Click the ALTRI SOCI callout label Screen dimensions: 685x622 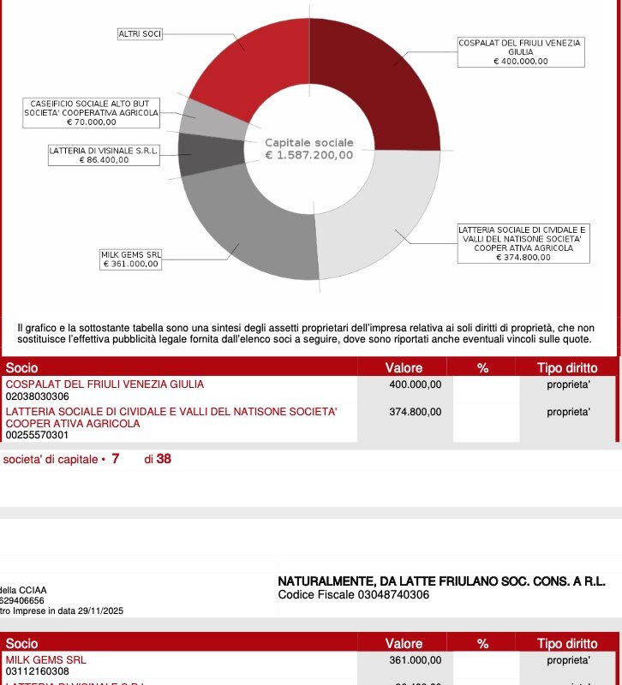[140, 34]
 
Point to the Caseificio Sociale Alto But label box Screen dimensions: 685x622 [91, 113]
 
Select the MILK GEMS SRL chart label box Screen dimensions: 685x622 [131, 259]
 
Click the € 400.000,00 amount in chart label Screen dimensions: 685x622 [521, 61]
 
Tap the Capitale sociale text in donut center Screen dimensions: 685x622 [308, 142]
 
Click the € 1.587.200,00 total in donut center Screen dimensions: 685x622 [309, 155]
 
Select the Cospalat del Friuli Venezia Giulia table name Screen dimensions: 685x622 [105, 385]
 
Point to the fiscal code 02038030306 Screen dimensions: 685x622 [37, 397]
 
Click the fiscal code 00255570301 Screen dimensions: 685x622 [37, 435]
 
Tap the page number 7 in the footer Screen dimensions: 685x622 [115, 459]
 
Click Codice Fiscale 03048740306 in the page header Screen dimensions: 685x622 [354, 595]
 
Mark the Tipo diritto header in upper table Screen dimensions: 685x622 [566, 368]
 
